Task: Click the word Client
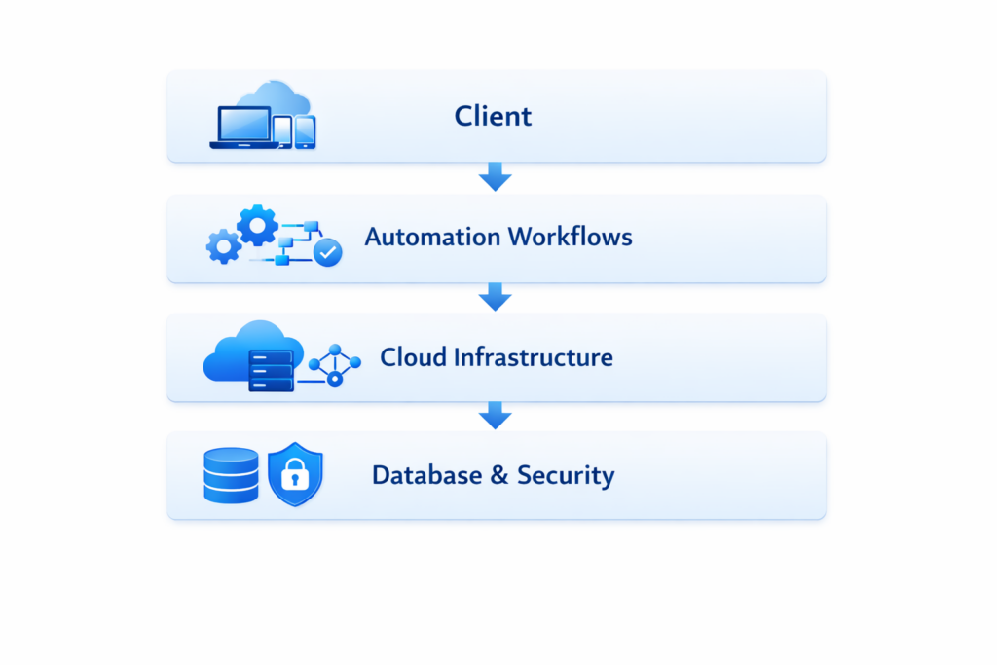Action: (493, 117)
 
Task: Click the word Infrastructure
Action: (533, 357)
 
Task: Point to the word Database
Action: (426, 476)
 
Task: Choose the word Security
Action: (565, 476)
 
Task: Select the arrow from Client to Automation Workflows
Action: (496, 177)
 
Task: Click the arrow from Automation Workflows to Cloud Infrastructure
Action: (496, 297)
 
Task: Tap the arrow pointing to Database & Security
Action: (496, 416)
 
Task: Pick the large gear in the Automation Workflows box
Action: (257, 226)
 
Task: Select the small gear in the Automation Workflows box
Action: (224, 246)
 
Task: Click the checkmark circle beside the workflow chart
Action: (328, 253)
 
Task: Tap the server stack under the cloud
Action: (272, 370)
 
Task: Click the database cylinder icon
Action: (231, 475)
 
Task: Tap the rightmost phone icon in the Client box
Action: (306, 132)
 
